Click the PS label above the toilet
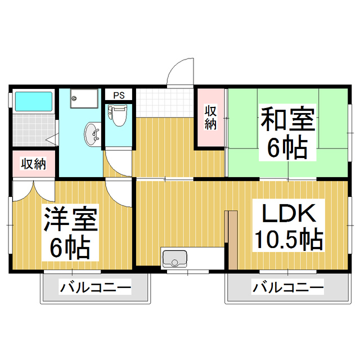pyautogui.click(x=119, y=95)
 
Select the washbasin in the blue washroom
pyautogui.click(x=92, y=134)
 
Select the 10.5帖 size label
pyautogui.click(x=289, y=240)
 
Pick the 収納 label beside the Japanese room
pyautogui.click(x=211, y=116)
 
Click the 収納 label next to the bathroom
pyautogui.click(x=33, y=164)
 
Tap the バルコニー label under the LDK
pyautogui.click(x=287, y=289)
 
